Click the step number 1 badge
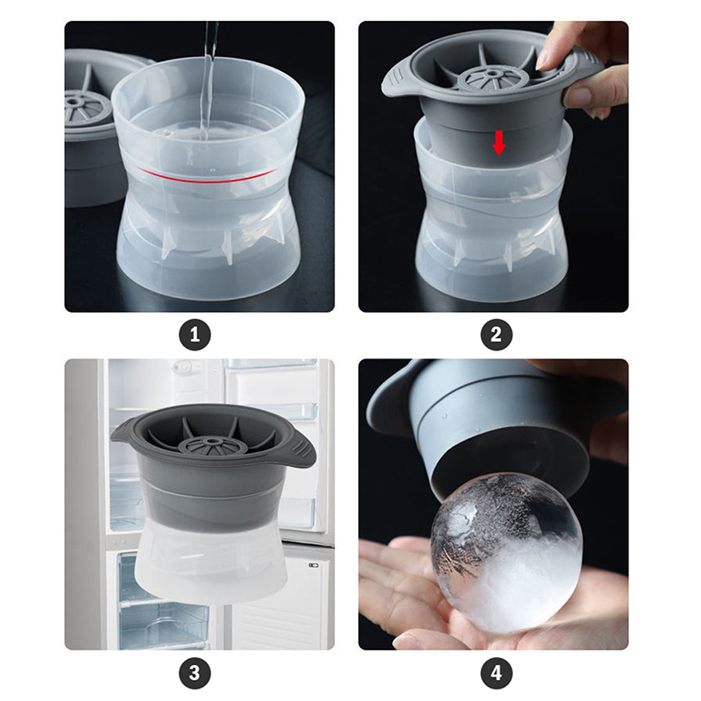pyautogui.click(x=195, y=335)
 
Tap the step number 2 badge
pyautogui.click(x=496, y=335)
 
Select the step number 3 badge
pyautogui.click(x=195, y=673)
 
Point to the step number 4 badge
pyautogui.click(x=496, y=673)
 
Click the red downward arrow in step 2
pyautogui.click(x=499, y=143)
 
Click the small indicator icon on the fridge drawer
pyautogui.click(x=314, y=565)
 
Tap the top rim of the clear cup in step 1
pyautogui.click(x=208, y=76)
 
